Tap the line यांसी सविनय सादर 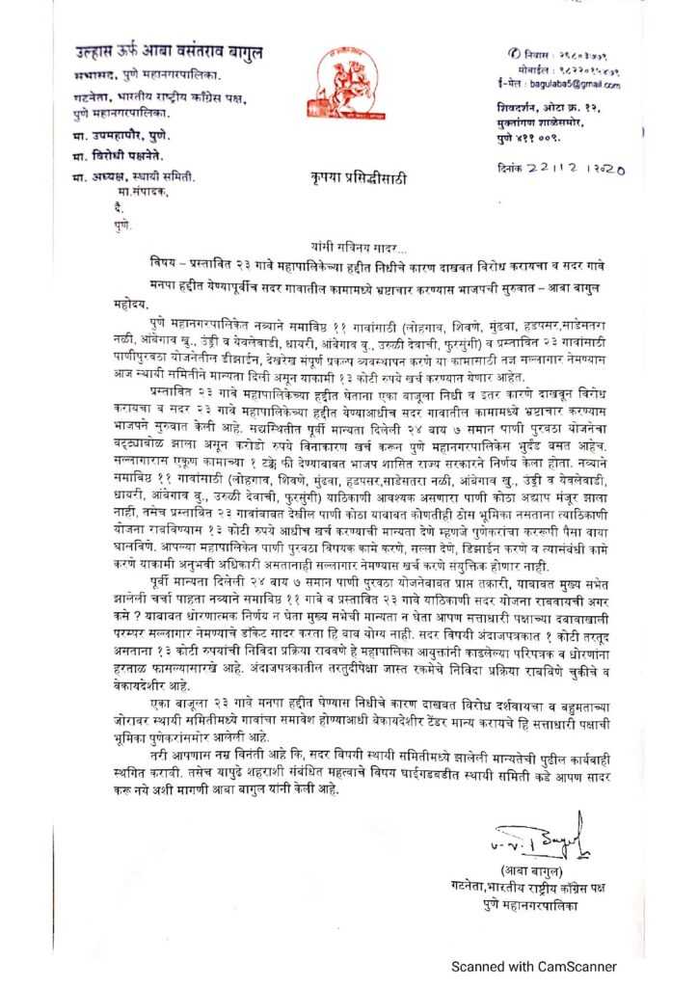coord(349,248)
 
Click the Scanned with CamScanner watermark coord(536,966)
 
